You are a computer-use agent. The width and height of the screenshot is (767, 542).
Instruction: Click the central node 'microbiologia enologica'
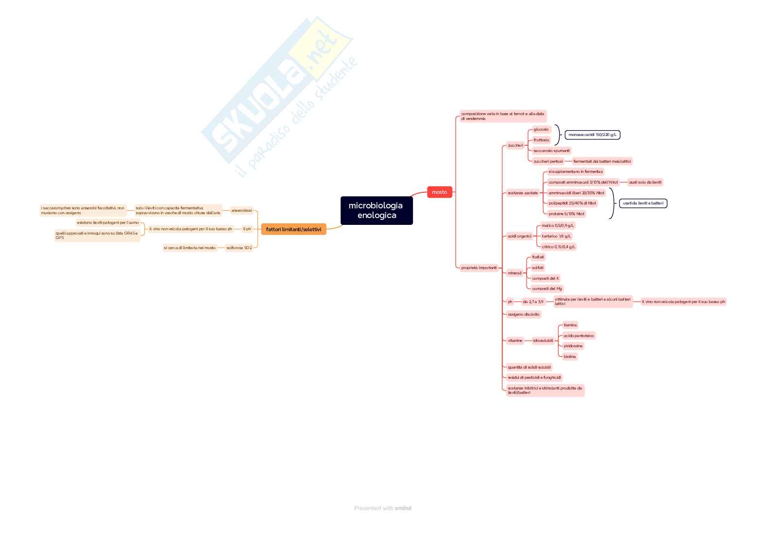(x=376, y=210)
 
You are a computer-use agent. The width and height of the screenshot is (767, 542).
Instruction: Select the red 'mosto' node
(x=440, y=192)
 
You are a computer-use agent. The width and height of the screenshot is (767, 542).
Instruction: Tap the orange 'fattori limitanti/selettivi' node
(x=293, y=229)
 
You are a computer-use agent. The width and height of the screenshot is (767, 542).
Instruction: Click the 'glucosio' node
(x=541, y=129)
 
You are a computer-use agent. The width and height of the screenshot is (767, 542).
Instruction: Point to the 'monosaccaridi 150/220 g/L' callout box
(x=592, y=135)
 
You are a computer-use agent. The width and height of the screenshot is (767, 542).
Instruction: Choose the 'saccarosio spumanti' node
(x=551, y=151)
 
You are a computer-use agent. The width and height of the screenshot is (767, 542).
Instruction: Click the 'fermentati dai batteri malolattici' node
(x=602, y=161)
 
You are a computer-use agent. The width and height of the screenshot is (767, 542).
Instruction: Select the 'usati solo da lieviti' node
(x=645, y=182)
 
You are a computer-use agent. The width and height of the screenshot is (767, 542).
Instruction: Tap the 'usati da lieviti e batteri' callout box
(x=643, y=203)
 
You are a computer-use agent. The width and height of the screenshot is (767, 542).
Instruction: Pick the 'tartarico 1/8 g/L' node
(x=556, y=236)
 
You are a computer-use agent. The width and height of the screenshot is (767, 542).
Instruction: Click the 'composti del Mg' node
(x=546, y=288)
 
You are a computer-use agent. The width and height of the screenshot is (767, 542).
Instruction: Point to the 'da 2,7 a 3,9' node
(x=533, y=302)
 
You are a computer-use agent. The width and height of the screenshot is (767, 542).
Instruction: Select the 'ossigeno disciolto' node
(x=523, y=314)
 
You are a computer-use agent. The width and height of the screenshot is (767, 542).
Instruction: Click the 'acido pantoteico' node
(x=579, y=336)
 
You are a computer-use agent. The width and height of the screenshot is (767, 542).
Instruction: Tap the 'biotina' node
(x=570, y=356)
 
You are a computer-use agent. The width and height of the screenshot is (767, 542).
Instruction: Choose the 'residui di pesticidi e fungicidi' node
(x=534, y=377)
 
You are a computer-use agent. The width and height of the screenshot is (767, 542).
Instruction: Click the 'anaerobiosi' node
(x=241, y=210)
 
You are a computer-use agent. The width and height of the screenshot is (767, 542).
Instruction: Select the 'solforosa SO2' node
(x=239, y=248)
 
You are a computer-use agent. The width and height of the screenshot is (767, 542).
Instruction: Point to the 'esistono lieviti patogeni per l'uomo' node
(x=108, y=222)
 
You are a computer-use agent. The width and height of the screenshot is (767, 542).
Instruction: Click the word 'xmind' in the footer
(x=403, y=508)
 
